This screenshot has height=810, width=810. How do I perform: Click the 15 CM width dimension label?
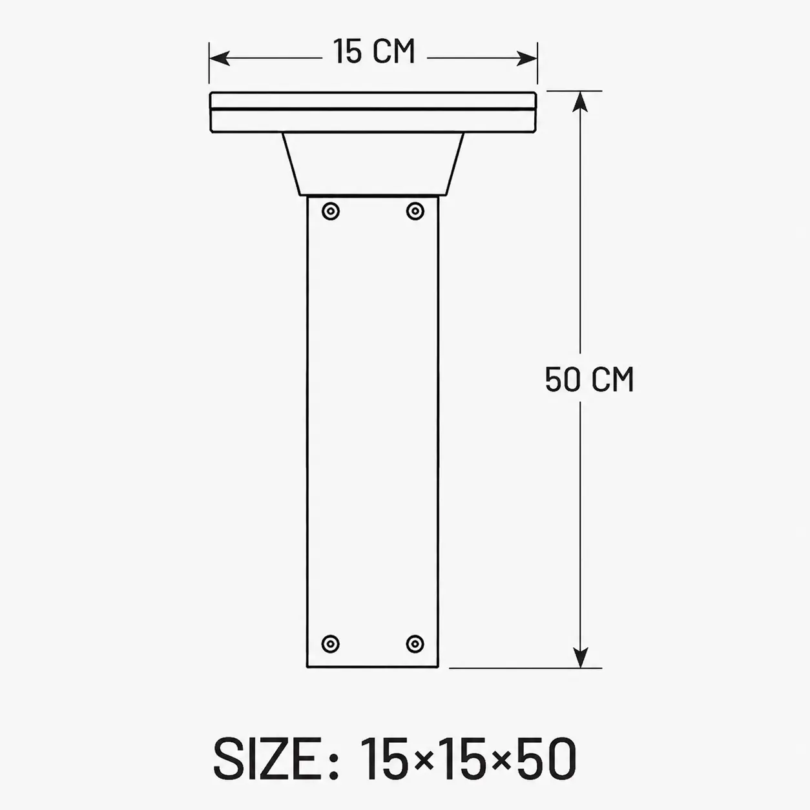[374, 51]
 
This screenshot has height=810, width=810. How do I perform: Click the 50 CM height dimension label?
[589, 380]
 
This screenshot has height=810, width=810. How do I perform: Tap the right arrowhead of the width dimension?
[526, 58]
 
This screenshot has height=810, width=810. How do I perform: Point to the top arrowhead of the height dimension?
[580, 101]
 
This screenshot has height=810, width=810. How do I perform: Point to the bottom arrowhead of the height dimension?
[580, 656]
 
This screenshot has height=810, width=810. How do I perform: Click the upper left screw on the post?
[331, 211]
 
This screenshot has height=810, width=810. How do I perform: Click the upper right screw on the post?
[415, 211]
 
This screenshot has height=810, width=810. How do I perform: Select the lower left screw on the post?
[330, 643]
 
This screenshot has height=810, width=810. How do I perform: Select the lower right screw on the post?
[415, 643]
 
